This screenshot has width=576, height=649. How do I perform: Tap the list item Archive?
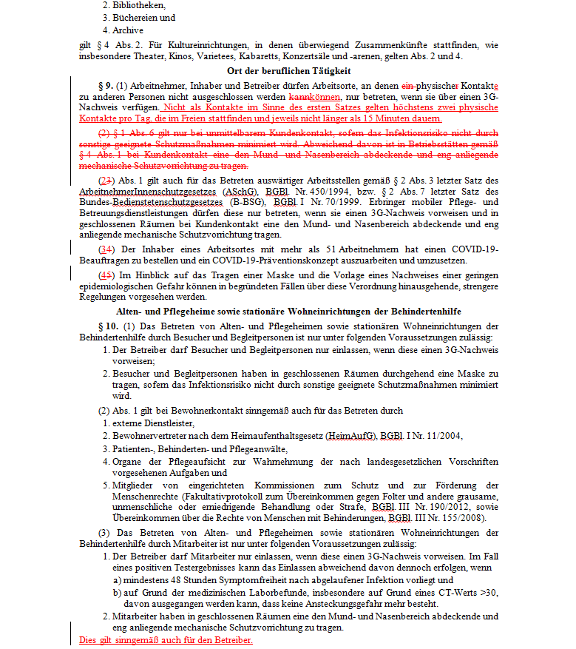[128, 30]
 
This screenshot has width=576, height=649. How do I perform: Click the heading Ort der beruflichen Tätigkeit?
[288, 70]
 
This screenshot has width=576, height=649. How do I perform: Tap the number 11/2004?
[439, 436]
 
